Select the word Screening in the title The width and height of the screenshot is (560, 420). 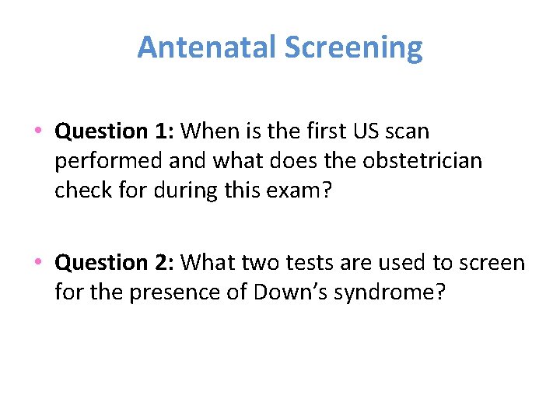pyautogui.click(x=353, y=47)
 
